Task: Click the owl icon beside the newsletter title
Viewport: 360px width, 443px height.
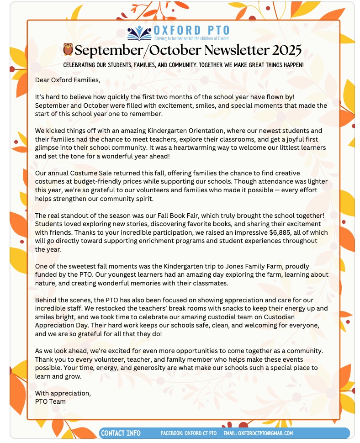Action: tap(68, 49)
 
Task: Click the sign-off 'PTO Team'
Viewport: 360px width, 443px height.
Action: tap(50, 401)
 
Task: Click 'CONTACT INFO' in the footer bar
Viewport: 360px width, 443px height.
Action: tap(121, 433)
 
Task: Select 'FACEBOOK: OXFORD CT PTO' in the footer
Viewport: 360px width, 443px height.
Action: tap(189, 433)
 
